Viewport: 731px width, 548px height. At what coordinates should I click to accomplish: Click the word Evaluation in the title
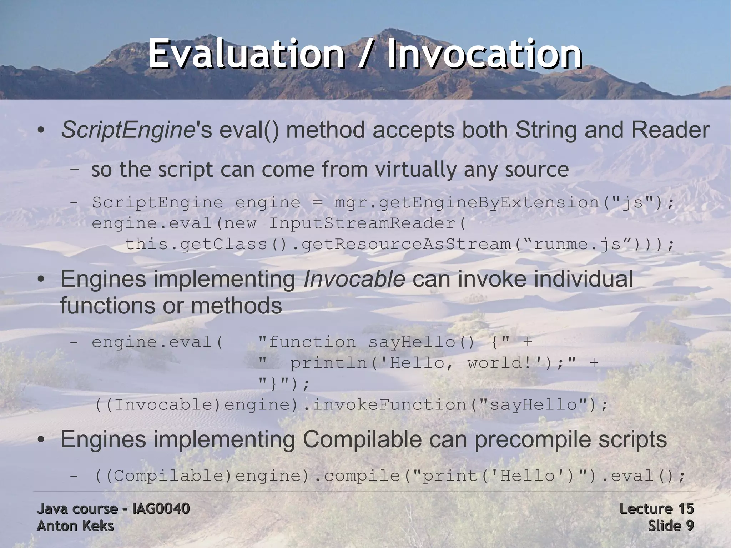(246, 54)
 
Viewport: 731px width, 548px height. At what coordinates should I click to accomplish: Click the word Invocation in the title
(484, 54)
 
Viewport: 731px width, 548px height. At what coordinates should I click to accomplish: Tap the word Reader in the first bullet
(670, 130)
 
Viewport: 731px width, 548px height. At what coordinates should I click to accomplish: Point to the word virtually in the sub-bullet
(415, 170)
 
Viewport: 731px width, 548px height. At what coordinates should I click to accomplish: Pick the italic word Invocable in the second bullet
(354, 279)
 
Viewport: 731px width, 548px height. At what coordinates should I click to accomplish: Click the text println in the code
(329, 363)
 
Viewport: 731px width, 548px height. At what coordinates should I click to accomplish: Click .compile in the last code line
(357, 476)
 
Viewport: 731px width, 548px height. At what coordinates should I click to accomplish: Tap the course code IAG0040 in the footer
(161, 509)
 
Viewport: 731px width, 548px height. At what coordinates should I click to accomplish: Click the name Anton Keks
(75, 526)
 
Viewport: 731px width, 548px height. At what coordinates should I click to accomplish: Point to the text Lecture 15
(656, 509)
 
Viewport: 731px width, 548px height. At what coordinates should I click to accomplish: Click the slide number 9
(690, 526)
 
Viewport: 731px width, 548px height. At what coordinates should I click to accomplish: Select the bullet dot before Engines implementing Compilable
(41, 441)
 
